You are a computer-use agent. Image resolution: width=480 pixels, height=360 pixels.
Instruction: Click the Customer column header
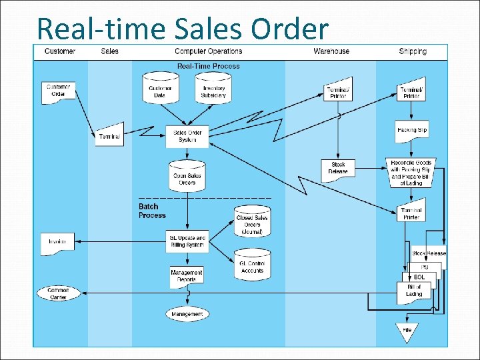60,51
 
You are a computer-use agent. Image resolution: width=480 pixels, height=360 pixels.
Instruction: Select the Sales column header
110,51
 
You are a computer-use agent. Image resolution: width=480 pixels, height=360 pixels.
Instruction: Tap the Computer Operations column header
208,51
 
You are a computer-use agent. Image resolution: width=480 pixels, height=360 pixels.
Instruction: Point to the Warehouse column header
331,51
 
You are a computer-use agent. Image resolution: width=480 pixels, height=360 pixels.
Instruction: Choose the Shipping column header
413,51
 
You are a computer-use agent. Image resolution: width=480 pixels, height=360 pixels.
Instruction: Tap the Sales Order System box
187,136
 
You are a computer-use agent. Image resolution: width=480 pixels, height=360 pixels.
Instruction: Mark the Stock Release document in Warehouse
338,168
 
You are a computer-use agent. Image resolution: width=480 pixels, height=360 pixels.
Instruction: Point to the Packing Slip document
411,131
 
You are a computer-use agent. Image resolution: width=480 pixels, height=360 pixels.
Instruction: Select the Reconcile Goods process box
411,172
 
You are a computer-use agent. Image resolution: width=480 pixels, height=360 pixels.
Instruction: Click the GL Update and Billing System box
187,241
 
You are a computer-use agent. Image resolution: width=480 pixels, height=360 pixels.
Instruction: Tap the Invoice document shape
57,243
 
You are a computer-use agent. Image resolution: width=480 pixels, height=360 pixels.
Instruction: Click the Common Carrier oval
58,293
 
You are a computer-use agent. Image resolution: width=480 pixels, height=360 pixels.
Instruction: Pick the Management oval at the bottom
187,313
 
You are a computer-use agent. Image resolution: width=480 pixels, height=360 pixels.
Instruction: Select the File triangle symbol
407,329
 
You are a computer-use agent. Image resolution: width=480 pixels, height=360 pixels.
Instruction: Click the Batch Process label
152,211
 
